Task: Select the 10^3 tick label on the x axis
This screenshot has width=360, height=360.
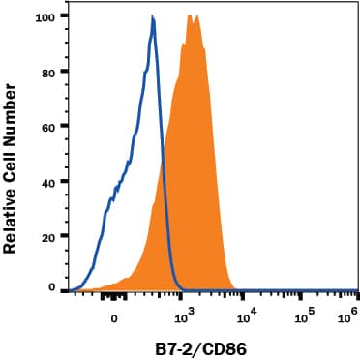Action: coord(184,315)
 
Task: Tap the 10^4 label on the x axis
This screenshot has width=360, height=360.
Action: coord(247,315)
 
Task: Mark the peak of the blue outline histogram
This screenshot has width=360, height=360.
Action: coord(153,17)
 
